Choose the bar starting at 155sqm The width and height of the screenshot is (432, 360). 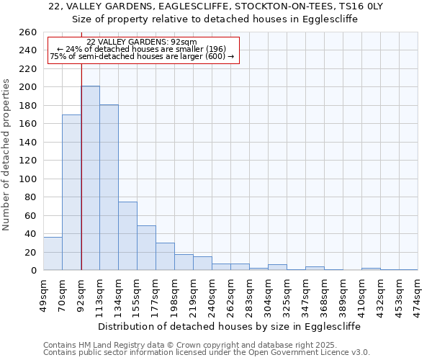146,248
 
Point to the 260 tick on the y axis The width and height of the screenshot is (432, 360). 28,32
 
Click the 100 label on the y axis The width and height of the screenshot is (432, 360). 28,179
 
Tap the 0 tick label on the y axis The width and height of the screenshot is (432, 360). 33,271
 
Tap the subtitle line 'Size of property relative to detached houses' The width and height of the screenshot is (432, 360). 216,19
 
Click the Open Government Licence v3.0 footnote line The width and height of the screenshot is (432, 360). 207,352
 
